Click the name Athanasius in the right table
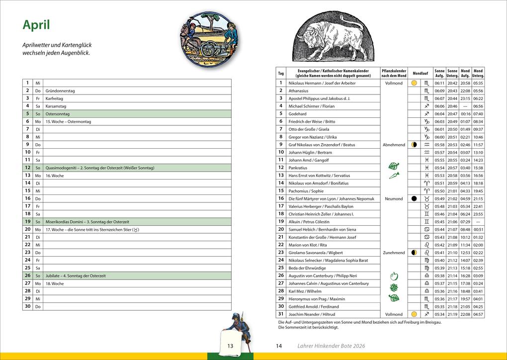coord(298,91)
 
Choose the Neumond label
coord(394,199)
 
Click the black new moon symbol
coord(414,199)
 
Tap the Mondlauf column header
coord(420,73)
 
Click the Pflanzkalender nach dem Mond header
coord(394,73)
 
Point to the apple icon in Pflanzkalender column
coord(394,276)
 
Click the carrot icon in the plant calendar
coord(394,176)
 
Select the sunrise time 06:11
coord(439,84)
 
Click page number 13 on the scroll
coord(230,346)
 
